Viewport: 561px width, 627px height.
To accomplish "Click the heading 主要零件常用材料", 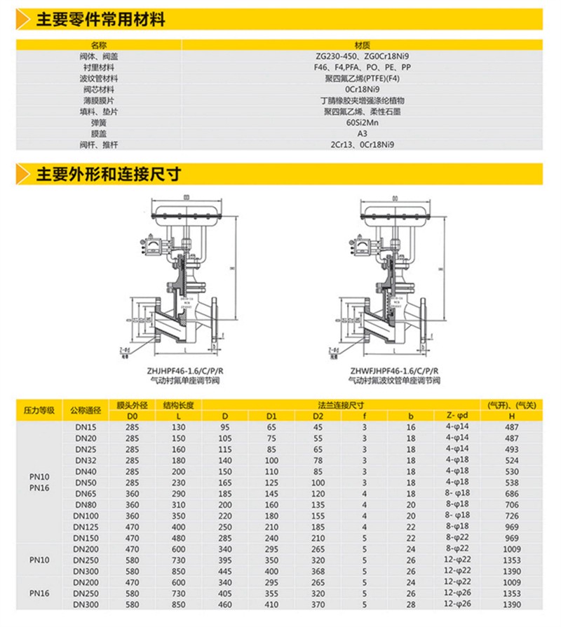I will click(101, 20).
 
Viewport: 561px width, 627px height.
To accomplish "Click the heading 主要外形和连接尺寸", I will click(109, 173).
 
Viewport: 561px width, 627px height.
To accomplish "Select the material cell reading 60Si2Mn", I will click(363, 123).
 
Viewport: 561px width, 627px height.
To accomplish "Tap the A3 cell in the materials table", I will click(363, 133).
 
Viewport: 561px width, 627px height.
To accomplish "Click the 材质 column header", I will click(363, 44).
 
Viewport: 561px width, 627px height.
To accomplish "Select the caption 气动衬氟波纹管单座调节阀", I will click(394, 380).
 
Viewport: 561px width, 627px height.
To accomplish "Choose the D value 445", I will click(225, 571).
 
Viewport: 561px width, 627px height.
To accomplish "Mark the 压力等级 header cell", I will click(39, 410).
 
